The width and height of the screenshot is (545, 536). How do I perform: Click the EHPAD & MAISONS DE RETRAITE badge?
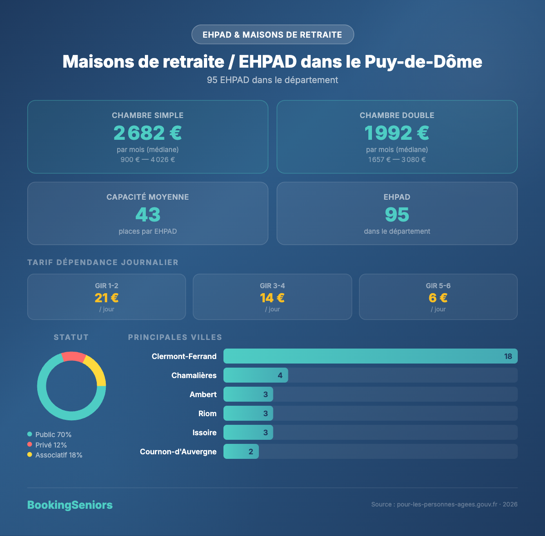click(272, 34)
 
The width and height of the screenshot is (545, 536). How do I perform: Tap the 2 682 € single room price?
click(148, 133)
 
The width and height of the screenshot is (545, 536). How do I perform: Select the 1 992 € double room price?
click(397, 133)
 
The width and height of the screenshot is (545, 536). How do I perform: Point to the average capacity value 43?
click(148, 215)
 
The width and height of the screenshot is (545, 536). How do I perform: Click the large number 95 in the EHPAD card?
click(397, 215)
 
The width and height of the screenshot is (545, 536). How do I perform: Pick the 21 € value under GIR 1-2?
click(107, 298)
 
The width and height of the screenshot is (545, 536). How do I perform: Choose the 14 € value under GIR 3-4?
click(272, 298)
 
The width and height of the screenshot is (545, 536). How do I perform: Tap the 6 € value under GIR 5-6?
click(438, 298)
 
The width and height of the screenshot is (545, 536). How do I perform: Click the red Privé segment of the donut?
click(73, 357)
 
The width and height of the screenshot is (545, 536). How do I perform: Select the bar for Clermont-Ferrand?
click(370, 356)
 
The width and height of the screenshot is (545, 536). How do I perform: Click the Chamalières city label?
click(194, 375)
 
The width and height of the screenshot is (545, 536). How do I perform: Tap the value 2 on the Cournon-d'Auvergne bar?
click(251, 452)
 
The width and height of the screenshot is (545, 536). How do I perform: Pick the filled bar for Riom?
click(248, 413)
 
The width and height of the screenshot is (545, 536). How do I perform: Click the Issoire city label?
click(204, 433)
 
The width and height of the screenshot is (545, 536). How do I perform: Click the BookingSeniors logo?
click(70, 505)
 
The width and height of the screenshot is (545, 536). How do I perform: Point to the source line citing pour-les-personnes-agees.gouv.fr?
click(444, 504)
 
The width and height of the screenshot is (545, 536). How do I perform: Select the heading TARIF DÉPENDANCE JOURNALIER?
click(103, 262)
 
